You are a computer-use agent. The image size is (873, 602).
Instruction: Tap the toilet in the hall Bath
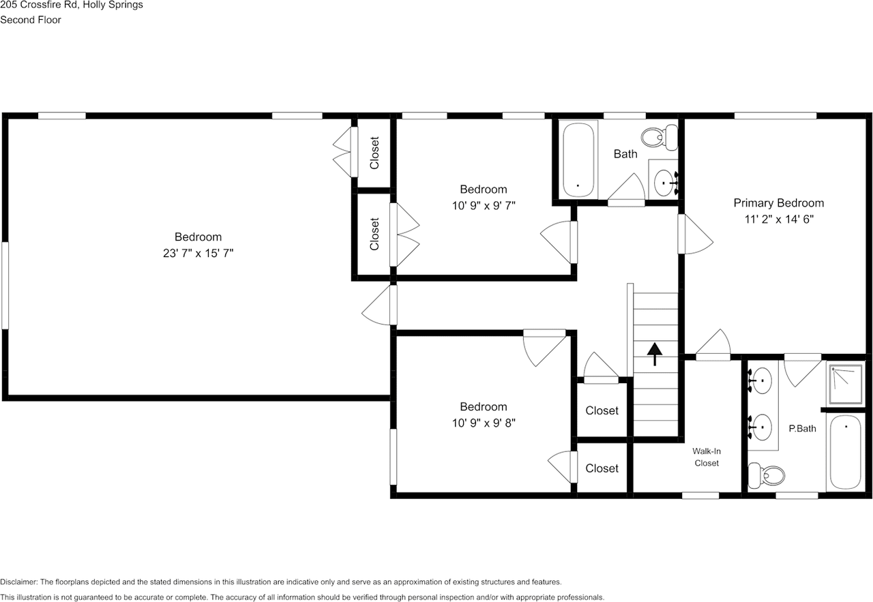coord(662,136)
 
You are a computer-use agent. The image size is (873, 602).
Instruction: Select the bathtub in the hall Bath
coord(578,160)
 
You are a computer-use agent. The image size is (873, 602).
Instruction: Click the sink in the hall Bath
coord(664,181)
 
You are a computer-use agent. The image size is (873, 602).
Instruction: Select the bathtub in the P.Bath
coord(846,451)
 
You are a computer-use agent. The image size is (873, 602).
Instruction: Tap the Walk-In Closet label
coord(706,457)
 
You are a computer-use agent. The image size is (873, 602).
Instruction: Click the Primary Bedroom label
coord(778,202)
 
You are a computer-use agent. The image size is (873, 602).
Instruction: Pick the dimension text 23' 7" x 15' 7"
coord(198,253)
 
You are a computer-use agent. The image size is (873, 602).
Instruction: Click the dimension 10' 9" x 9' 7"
coord(483,205)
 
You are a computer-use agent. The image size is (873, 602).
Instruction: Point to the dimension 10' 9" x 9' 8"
coord(483,423)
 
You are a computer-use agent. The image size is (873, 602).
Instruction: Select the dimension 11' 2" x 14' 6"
coord(778,220)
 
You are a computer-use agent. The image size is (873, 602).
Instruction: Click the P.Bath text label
coord(802,429)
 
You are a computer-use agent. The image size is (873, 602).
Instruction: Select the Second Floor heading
coord(31,20)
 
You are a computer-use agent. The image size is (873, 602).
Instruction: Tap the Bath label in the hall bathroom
coord(625,154)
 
